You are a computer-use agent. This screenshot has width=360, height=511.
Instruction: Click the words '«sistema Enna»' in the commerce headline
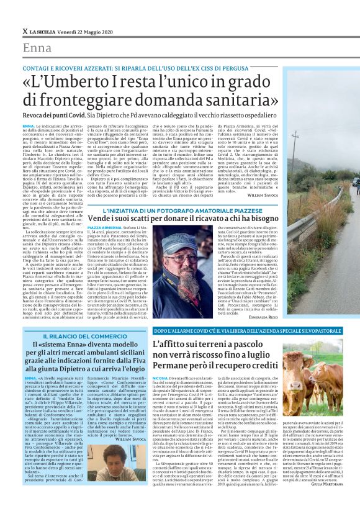tap(63, 346)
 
